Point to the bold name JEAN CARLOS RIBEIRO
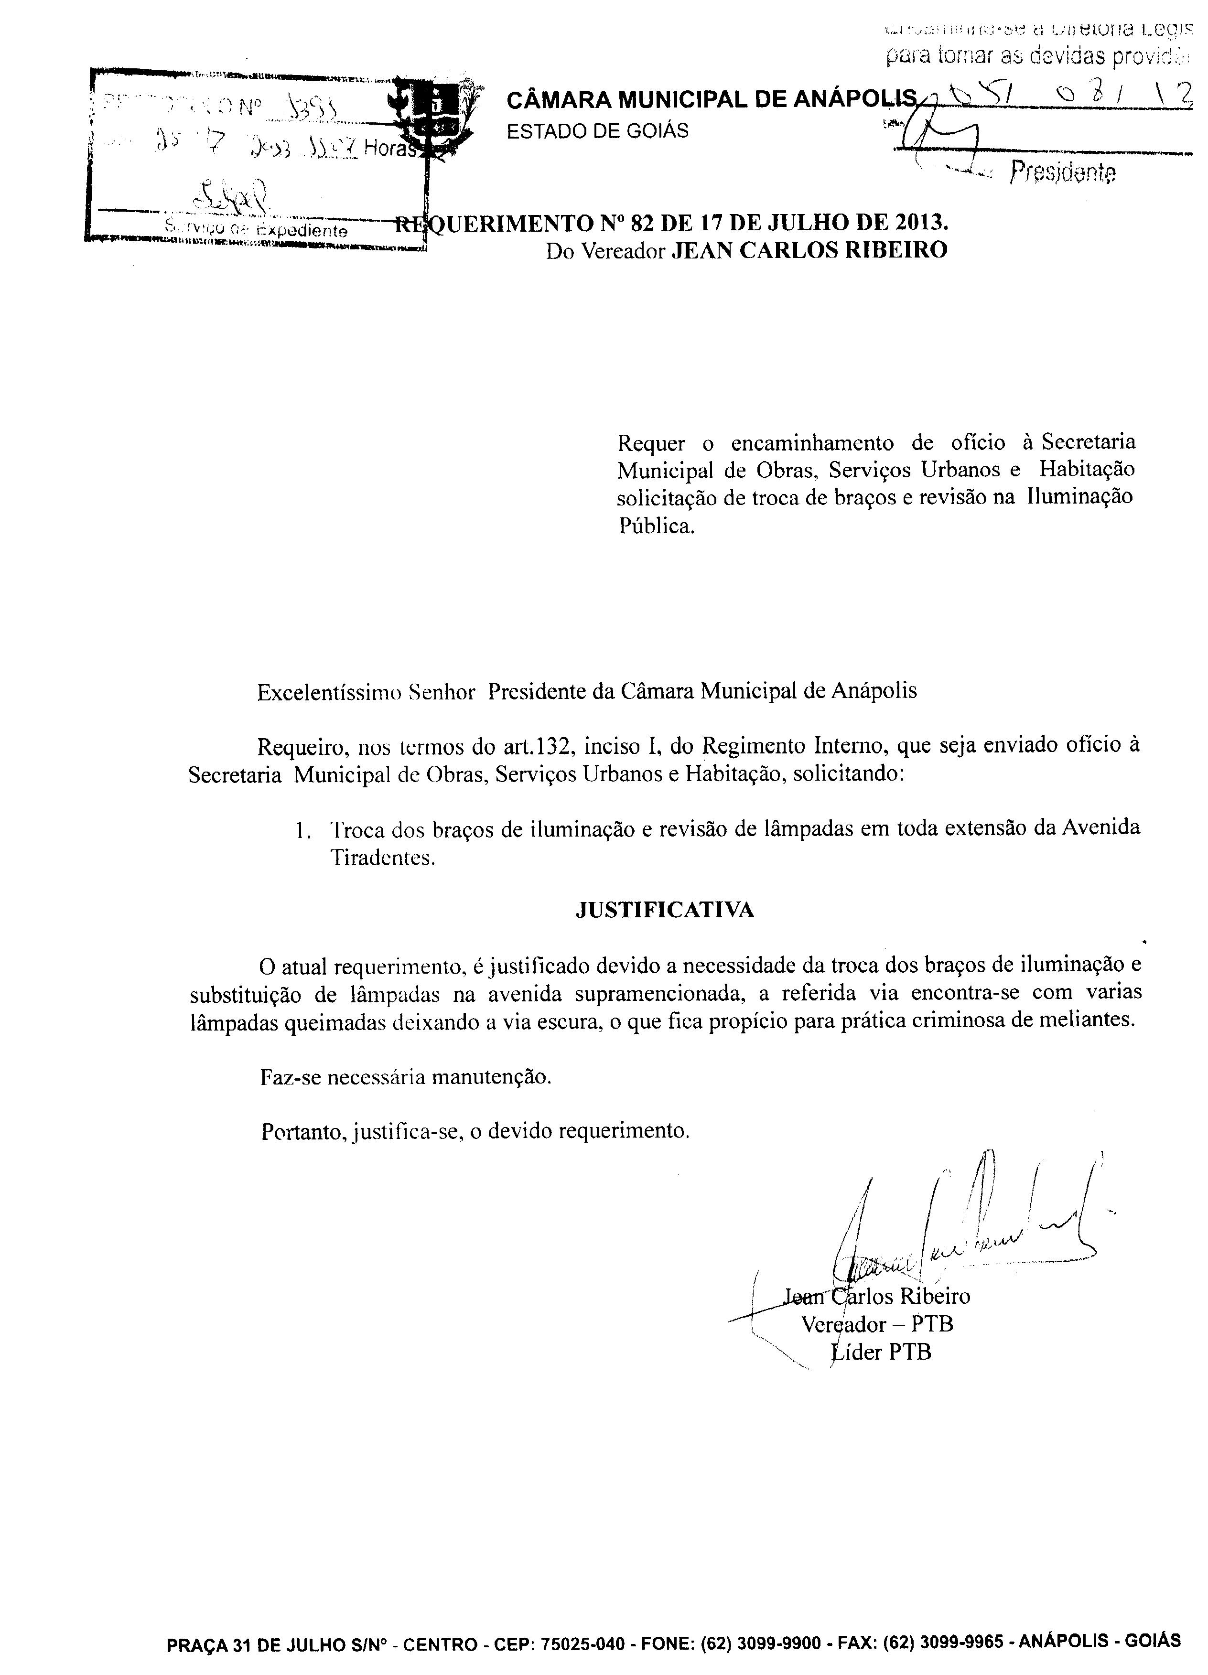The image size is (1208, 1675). pos(809,251)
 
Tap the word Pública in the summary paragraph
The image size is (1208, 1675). pos(656,526)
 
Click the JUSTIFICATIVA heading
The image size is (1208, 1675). pos(664,910)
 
